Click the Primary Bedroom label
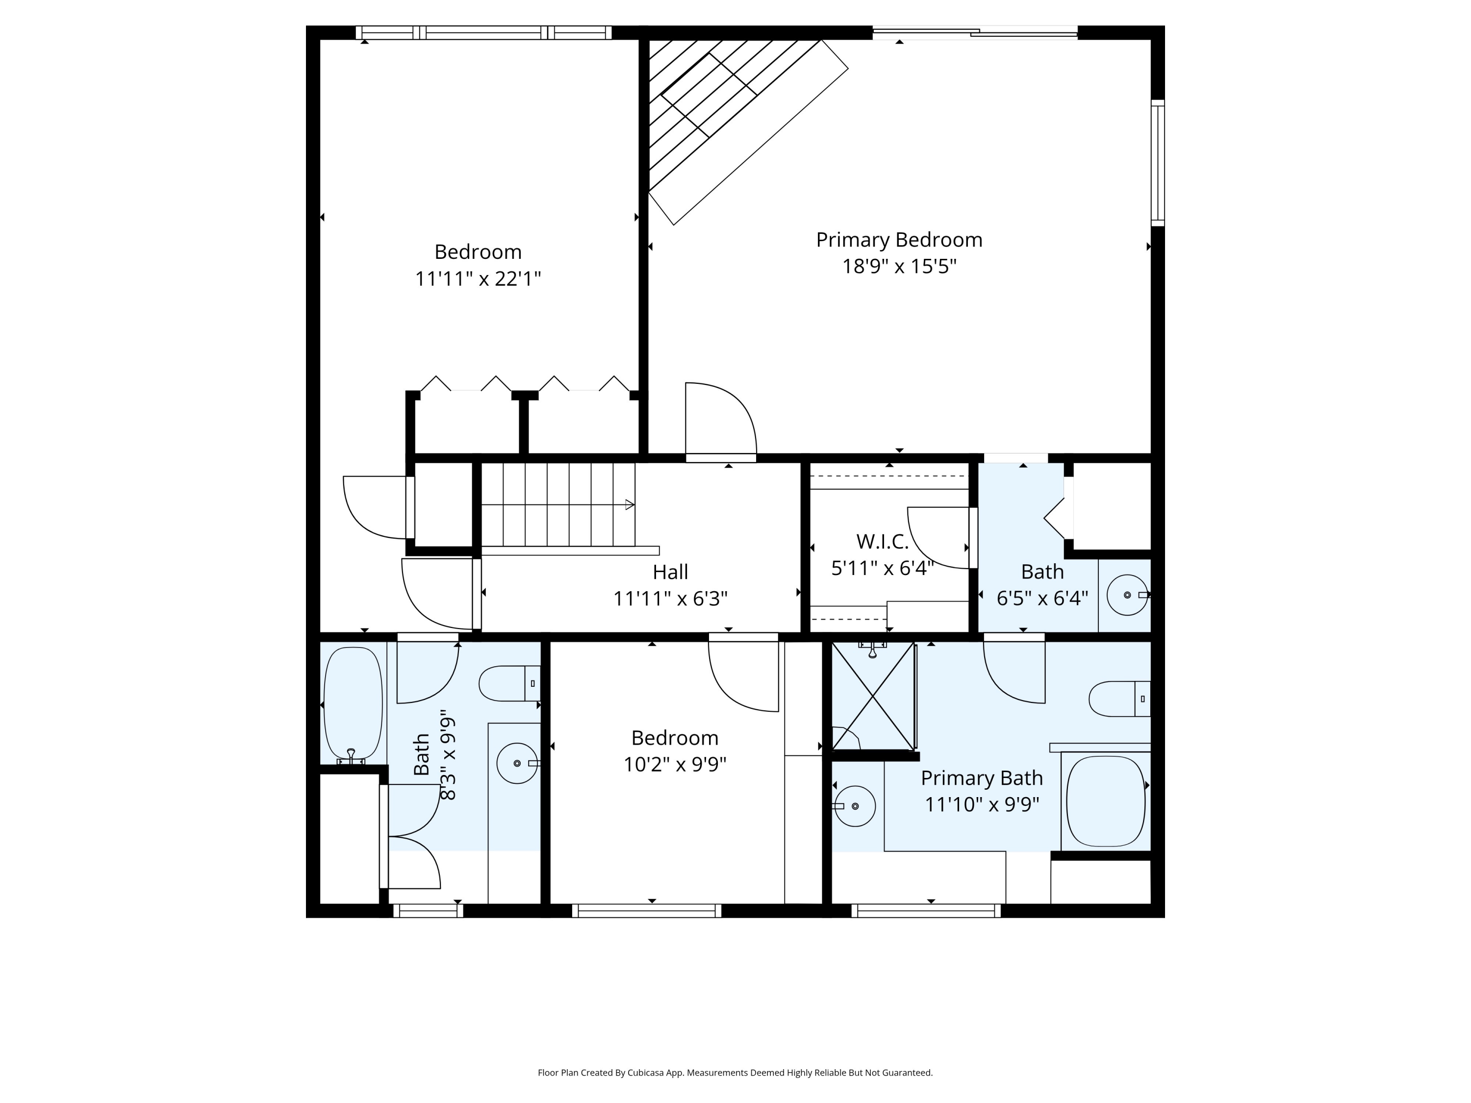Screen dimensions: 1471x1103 pyautogui.click(x=899, y=240)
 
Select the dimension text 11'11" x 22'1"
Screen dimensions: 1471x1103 pyautogui.click(x=478, y=278)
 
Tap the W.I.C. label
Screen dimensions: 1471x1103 pyautogui.click(x=883, y=542)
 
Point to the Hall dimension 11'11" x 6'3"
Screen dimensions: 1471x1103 pyautogui.click(x=670, y=599)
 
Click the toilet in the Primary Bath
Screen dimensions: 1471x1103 pyautogui.click(x=1120, y=699)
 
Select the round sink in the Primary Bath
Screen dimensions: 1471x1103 pyautogui.click(x=855, y=806)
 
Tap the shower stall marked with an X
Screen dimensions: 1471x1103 pyautogui.click(x=874, y=696)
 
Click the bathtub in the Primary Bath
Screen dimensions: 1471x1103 pyautogui.click(x=1105, y=801)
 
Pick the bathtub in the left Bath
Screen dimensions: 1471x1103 pyautogui.click(x=353, y=705)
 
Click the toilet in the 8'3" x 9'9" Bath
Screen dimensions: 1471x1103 pyautogui.click(x=509, y=683)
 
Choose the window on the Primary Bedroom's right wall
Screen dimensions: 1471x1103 pyautogui.click(x=1158, y=163)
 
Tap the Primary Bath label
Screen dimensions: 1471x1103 pyautogui.click(x=982, y=778)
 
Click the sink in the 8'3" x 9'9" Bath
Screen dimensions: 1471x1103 pyautogui.click(x=517, y=763)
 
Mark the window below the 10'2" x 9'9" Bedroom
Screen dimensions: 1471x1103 pyautogui.click(x=646, y=911)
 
